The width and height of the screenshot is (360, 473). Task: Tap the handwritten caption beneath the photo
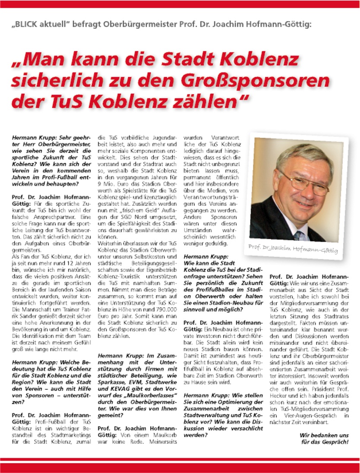[293, 249]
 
